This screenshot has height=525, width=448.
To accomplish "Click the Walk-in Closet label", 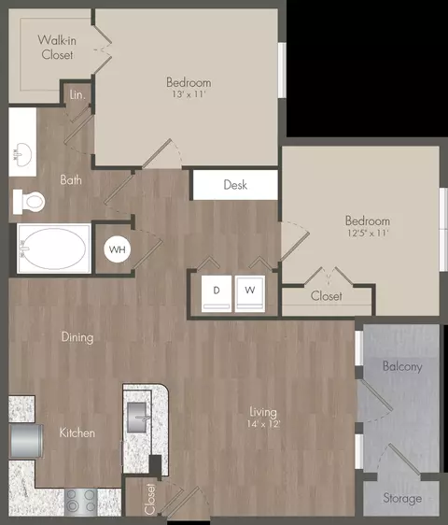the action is pyautogui.click(x=57, y=48).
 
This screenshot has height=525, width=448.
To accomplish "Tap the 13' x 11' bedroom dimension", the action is pyautogui.click(x=189, y=94).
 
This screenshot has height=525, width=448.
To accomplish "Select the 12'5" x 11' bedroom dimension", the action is pyautogui.click(x=368, y=233).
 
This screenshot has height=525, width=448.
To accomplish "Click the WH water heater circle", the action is pyautogui.click(x=117, y=249).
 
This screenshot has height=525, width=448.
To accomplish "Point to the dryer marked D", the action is pyautogui.click(x=217, y=293).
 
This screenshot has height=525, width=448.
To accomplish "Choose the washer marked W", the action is pyautogui.click(x=250, y=293).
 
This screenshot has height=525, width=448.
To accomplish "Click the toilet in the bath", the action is pyautogui.click(x=29, y=202).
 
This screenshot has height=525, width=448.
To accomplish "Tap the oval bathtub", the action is pyautogui.click(x=53, y=248).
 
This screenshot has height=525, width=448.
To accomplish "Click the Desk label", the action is pyautogui.click(x=235, y=185).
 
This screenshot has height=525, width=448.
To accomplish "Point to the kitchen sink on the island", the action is pyautogui.click(x=136, y=418).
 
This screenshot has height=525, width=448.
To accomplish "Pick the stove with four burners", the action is pyautogui.click(x=80, y=502).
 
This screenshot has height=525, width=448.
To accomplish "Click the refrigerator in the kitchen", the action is pyautogui.click(x=26, y=441).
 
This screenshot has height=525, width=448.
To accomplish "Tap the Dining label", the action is pyautogui.click(x=77, y=337).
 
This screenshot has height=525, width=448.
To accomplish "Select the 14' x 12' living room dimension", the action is pyautogui.click(x=263, y=424).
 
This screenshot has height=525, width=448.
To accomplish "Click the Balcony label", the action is pyautogui.click(x=402, y=366).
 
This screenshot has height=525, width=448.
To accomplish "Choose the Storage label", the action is pyautogui.click(x=402, y=498).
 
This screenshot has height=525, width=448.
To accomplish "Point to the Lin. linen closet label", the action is pyautogui.click(x=77, y=94).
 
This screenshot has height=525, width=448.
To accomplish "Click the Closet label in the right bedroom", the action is pyautogui.click(x=327, y=296).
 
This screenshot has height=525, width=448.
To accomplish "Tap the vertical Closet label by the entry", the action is pyautogui.click(x=150, y=499).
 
